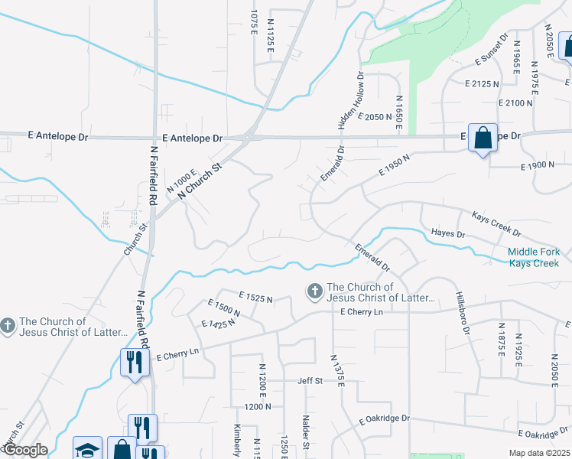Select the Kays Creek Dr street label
(x=496, y=223)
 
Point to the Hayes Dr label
(x=448, y=233)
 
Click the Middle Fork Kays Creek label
(x=535, y=258)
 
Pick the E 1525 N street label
(x=255, y=296)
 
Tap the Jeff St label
(x=310, y=380)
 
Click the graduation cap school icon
(x=87, y=449)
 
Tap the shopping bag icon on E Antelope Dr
(x=483, y=138)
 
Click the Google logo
(x=24, y=450)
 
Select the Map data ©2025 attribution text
(x=540, y=453)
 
